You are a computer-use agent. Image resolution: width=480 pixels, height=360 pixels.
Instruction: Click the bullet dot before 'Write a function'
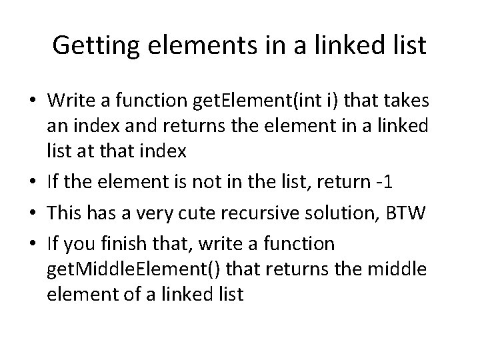tap(35, 101)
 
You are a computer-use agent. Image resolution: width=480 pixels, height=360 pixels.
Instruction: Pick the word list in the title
tap(407, 45)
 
